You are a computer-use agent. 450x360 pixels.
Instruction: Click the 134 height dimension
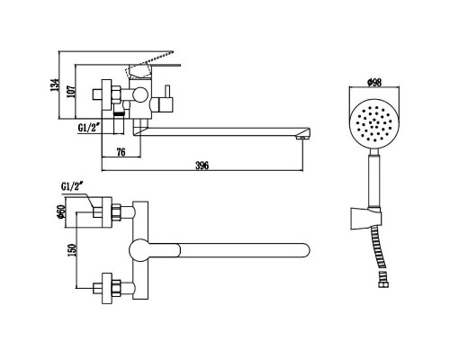[54, 85]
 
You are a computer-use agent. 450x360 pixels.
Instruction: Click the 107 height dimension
[71, 91]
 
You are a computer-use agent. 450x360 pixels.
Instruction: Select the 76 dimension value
[121, 152]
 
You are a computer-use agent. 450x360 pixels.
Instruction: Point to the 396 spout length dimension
[202, 166]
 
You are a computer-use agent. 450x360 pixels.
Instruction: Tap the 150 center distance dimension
[72, 249]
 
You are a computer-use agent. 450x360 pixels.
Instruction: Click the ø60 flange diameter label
[61, 212]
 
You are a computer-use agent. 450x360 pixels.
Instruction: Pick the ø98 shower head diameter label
[374, 82]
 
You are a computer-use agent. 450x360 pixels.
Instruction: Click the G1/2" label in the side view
[89, 128]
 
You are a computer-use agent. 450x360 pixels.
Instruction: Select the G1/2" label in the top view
[71, 186]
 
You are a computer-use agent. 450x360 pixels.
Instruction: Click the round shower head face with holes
[374, 124]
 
